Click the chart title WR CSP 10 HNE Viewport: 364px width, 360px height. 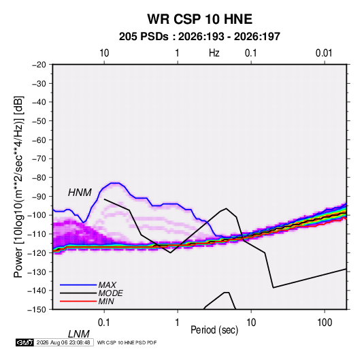[x=199, y=19]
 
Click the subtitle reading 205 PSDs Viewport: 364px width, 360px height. [x=144, y=37]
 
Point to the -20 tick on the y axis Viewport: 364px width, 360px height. [x=39, y=65]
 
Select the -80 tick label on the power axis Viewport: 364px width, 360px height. [x=39, y=178]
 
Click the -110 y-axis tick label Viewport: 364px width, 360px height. [x=37, y=234]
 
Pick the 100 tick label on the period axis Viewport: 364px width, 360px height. [x=325, y=323]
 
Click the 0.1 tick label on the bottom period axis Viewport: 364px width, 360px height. [x=104, y=323]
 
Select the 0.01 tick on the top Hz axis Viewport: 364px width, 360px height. [x=324, y=53]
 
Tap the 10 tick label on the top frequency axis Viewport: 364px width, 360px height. [x=104, y=53]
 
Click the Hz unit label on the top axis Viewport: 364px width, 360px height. [x=214, y=53]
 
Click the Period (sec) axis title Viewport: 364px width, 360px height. [x=214, y=330]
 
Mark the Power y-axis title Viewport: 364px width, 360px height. [x=18, y=187]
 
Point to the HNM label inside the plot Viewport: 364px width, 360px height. [x=80, y=193]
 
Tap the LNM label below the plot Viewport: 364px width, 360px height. [x=78, y=334]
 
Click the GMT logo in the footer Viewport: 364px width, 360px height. [x=24, y=342]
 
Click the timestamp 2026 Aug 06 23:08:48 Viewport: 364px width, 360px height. [x=63, y=342]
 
